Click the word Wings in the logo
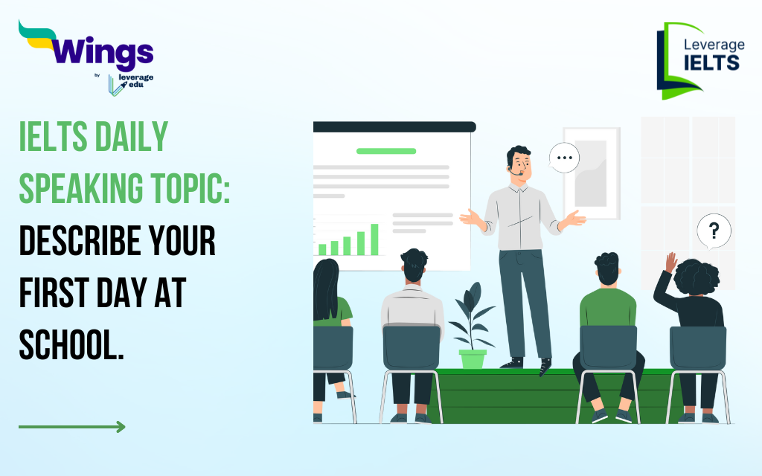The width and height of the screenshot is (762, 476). [x=102, y=52]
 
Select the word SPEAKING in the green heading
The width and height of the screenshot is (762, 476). [x=81, y=188]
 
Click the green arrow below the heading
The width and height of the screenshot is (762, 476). [x=72, y=427]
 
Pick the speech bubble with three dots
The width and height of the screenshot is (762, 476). [x=564, y=158]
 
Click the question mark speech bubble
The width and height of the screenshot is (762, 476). [x=714, y=231]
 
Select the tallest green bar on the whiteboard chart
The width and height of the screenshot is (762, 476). [x=375, y=239]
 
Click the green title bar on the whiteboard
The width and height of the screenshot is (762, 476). [x=386, y=151]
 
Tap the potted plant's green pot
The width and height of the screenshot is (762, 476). [x=473, y=359]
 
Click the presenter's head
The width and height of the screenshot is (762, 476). [x=519, y=164]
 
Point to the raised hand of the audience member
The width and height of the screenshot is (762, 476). [x=670, y=263]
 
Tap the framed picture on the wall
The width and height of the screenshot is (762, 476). [x=592, y=173]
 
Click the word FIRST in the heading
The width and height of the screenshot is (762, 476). [x=54, y=292]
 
